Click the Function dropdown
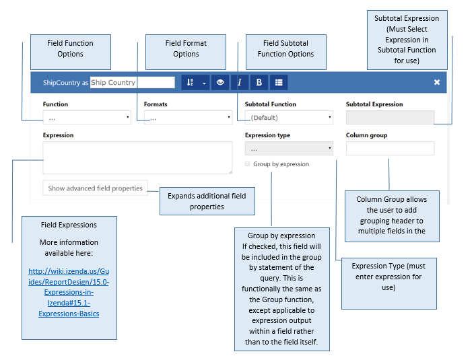coord(87,118)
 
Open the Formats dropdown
coord(188,118)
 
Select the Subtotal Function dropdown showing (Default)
coord(289,118)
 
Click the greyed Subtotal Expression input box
coord(390,118)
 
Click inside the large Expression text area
coord(137,157)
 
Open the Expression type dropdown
coord(289,148)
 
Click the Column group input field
coord(390,148)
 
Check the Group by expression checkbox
coord(247,164)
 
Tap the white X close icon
coord(437,82)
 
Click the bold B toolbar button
coord(259,83)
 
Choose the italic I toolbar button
coord(240,83)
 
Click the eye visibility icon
coord(220,83)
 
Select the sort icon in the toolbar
coord(190,83)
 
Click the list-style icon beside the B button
coord(279,83)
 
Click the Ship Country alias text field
coord(133,83)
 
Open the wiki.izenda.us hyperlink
coord(69,292)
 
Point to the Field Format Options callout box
coord(186,52)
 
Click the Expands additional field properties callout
coord(207,201)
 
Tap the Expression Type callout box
coord(389,283)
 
